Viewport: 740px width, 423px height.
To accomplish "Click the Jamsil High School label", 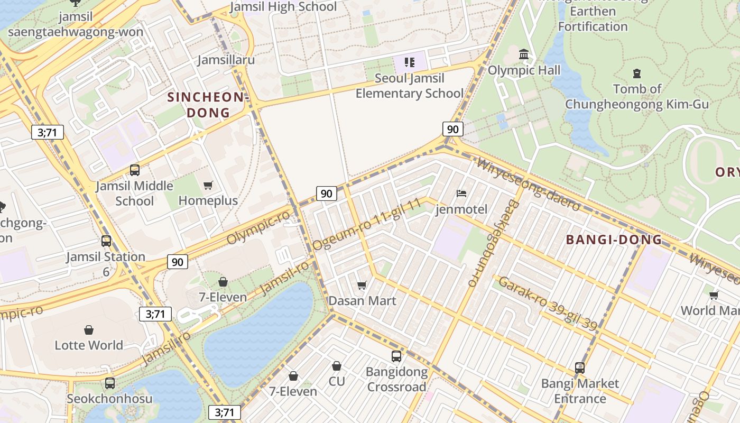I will [284, 6].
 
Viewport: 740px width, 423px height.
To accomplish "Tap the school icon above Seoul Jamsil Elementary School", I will [410, 62].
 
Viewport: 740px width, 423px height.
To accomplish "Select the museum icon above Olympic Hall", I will [524, 54].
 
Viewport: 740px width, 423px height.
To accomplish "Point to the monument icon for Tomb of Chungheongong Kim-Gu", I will [637, 73].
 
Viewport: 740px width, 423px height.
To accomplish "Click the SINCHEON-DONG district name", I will [208, 105].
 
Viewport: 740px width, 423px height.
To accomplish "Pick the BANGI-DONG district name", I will [614, 240].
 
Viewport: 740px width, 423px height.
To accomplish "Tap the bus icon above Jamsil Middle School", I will [135, 170].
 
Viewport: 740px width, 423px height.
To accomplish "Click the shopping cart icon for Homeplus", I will [208, 185].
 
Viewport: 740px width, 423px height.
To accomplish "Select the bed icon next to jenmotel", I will [461, 194].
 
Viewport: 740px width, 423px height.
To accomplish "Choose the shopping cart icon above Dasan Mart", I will [362, 286].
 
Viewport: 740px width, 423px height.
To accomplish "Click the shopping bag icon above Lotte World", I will [89, 330].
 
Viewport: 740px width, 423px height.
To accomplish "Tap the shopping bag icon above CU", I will [337, 366].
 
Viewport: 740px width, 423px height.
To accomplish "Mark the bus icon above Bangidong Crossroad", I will [396, 356].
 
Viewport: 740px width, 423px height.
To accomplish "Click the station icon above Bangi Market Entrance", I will [580, 367].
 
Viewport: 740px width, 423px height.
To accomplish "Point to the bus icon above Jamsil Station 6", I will [106, 241].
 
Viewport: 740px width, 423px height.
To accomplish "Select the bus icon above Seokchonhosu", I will [110, 383].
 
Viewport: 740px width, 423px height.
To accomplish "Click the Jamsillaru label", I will [226, 59].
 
